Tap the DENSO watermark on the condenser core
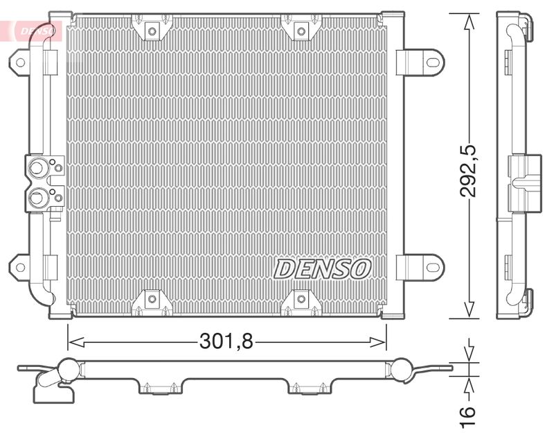coord(324,268)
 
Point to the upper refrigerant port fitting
coord(36,167)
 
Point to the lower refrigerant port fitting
coord(36,198)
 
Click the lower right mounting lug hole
coord(432,267)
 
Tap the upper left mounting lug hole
coord(20,62)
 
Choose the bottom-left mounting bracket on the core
coord(151,299)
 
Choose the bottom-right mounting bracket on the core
coord(300,299)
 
